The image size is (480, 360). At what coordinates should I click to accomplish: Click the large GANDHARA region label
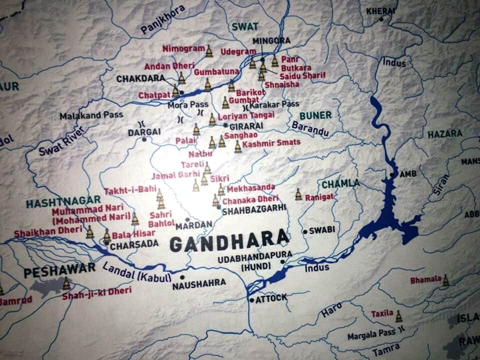[x=229, y=242]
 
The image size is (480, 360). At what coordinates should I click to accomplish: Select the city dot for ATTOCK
[x=251, y=299]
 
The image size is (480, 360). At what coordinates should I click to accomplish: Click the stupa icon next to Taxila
[x=398, y=316]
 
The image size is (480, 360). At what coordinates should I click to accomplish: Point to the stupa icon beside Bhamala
[x=445, y=281]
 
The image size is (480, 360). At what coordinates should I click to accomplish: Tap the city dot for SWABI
[x=305, y=231]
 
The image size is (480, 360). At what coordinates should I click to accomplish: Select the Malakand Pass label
[x=91, y=115]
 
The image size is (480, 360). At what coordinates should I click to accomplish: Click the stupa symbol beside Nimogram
[x=209, y=50]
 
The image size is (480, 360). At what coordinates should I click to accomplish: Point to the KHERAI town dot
[x=381, y=19]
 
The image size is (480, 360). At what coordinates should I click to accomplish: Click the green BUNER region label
[x=315, y=115]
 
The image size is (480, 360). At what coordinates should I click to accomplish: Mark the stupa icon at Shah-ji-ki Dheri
[x=66, y=284]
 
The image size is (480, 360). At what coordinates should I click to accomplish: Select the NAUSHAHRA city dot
[x=182, y=276]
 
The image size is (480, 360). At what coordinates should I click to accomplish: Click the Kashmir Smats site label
[x=271, y=143]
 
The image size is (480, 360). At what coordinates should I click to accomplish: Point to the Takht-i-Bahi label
[x=125, y=191]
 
